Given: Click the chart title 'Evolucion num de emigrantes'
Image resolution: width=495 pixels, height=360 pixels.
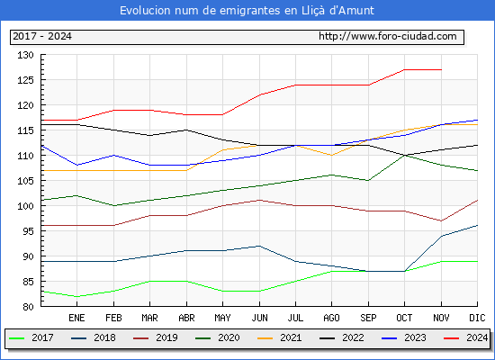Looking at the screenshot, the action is tap(200, 11).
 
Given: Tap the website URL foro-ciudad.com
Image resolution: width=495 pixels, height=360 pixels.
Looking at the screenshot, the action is tap(388, 36).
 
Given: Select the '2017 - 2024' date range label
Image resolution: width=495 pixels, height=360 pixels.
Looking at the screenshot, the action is tap(42, 36).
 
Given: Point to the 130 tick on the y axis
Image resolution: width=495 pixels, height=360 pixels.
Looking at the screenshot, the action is tap(25, 55).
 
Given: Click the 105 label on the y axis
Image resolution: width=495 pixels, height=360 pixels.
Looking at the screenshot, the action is tap(25, 181).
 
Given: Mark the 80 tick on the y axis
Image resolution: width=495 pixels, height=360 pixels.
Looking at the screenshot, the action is tap(28, 307).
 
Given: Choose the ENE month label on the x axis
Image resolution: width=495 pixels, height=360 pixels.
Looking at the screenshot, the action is tap(76, 318).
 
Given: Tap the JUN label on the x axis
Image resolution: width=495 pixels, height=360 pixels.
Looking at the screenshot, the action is tap(259, 318).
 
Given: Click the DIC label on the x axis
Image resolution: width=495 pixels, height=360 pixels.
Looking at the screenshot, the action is tap(477, 318).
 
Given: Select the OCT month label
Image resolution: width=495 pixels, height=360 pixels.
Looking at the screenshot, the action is tap(404, 318).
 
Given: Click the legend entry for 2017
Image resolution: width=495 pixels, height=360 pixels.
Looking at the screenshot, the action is tap(31, 337).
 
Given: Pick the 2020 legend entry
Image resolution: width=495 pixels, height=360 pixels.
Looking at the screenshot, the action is tap(218, 337).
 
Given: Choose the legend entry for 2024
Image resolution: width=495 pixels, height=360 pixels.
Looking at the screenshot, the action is tap(466, 337).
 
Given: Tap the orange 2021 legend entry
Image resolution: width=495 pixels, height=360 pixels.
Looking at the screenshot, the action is tap(280, 337).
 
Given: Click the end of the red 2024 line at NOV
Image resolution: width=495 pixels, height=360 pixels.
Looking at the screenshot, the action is tap(441, 70).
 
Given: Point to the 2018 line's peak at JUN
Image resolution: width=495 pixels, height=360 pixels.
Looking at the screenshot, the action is tap(259, 246).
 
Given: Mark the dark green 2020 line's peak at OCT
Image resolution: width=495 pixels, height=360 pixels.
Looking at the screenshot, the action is tap(404, 156).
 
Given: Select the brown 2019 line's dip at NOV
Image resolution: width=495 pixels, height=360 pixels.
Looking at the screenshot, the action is tap(441, 220).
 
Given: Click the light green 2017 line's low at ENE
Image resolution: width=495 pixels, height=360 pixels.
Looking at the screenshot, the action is tap(76, 296).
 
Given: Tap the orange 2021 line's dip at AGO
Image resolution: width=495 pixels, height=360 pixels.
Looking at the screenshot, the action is tap(331, 156).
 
